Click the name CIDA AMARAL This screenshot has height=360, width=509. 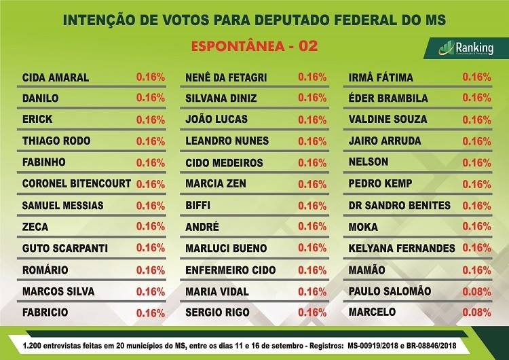[x=56, y=77]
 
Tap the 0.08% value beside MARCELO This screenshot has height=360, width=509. [x=476, y=313]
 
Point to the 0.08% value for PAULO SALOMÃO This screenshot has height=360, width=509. [x=476, y=291]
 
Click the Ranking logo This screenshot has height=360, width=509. [x=466, y=48]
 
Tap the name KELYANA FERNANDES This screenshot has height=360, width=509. [x=401, y=249]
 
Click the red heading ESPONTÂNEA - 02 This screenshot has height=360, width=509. [x=254, y=47]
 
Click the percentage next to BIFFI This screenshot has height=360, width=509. [x=312, y=206]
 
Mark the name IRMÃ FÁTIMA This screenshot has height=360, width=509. [x=380, y=77]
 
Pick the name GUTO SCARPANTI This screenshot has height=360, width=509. [x=65, y=249]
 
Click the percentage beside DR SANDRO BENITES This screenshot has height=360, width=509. [x=476, y=206]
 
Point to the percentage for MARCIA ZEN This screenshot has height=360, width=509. [x=312, y=184]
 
